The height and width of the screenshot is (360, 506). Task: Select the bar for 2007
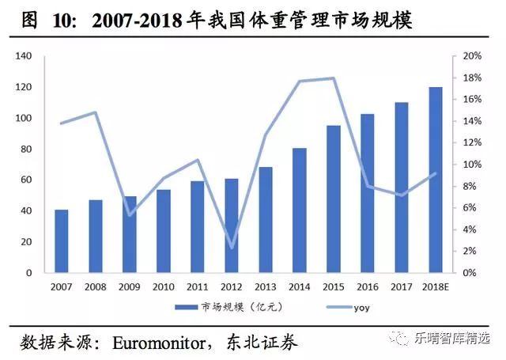[x=61, y=241]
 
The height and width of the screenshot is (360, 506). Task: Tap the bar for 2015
[x=334, y=199]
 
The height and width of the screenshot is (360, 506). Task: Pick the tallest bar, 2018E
[x=436, y=180]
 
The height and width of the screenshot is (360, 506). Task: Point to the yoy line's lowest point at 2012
[x=232, y=248]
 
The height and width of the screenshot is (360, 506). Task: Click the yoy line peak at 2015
[x=334, y=78]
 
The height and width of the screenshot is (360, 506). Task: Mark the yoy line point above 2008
[x=95, y=112]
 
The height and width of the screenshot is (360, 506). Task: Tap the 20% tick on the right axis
[x=472, y=56]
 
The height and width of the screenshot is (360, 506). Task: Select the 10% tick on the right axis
[x=472, y=165]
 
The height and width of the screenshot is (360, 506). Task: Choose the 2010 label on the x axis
[x=163, y=286]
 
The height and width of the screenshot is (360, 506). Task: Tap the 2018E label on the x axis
[x=436, y=286]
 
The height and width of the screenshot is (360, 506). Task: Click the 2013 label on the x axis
[x=265, y=286]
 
